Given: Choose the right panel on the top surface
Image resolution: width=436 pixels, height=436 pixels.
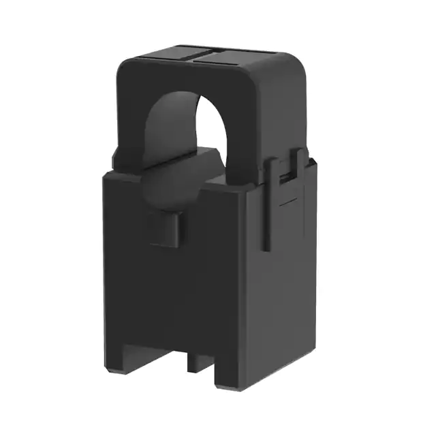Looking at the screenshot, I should point(232,57).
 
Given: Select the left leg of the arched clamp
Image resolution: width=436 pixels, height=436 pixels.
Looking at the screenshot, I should point(129,123).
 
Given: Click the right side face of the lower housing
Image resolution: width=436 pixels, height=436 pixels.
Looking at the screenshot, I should point(286,286).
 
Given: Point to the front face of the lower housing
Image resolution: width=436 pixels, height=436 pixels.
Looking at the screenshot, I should point(170,286).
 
